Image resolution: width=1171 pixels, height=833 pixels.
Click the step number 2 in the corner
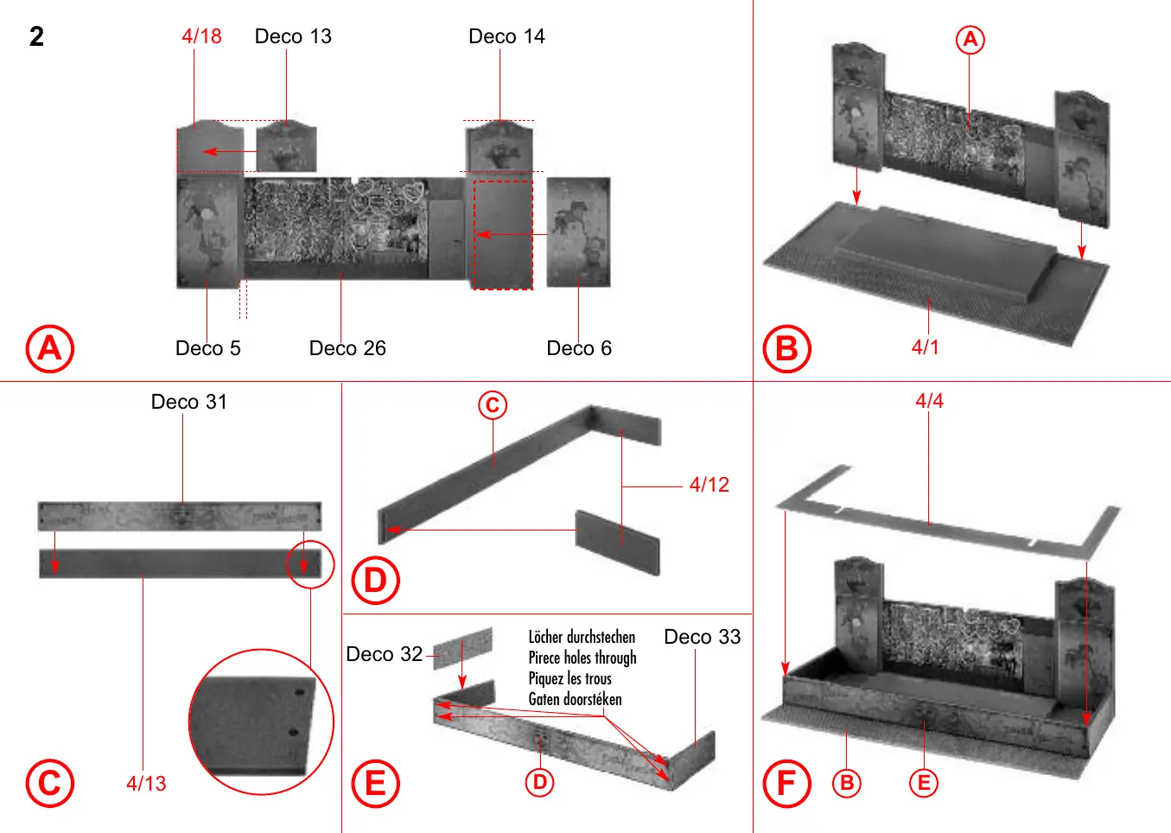click(36, 36)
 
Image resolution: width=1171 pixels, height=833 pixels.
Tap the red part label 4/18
click(201, 36)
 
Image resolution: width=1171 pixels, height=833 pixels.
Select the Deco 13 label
click(293, 36)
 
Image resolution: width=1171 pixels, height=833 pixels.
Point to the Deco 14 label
click(506, 36)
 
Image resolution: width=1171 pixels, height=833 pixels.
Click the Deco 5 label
click(207, 348)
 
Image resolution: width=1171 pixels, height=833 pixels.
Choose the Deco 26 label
click(347, 348)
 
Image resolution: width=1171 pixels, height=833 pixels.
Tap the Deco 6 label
click(579, 348)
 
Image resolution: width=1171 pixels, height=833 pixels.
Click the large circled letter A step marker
click(50, 348)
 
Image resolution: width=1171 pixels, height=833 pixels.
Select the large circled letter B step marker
click(786, 348)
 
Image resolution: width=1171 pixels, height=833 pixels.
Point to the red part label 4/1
click(925, 347)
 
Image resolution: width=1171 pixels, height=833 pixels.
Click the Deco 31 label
click(189, 402)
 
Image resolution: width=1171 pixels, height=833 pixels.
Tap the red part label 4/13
click(146, 784)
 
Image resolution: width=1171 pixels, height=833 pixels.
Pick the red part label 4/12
click(709, 485)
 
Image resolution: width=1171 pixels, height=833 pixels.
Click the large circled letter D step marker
click(375, 581)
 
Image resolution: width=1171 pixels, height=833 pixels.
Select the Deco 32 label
click(384, 654)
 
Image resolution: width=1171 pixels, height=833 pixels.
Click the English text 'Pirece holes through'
click(582, 658)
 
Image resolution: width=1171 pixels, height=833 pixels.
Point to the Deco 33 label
click(702, 637)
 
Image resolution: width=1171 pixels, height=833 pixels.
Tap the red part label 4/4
click(929, 401)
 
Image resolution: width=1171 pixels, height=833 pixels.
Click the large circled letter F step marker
click(786, 783)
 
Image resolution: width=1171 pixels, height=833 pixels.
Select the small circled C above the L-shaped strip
click(493, 404)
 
